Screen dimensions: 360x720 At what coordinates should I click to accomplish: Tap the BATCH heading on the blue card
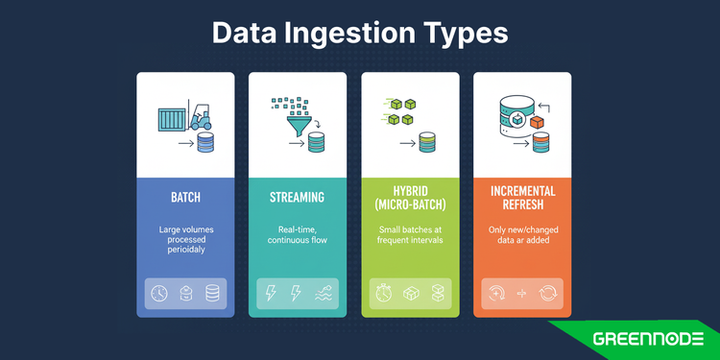coord(185,197)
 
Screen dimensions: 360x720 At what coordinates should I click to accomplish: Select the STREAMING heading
coord(297,197)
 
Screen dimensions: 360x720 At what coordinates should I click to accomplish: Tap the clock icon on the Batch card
coord(159,294)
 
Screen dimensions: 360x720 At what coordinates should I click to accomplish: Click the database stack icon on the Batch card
coord(212,294)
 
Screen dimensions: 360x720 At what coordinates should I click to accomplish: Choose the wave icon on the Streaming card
coord(324,294)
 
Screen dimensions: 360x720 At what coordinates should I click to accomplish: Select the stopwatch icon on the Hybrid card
coord(383,294)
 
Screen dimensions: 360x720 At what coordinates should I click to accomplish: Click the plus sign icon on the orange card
coord(522,294)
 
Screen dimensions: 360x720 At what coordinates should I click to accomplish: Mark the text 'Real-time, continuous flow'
coord(297,236)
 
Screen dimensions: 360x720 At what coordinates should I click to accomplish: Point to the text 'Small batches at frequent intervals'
coord(409,236)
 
